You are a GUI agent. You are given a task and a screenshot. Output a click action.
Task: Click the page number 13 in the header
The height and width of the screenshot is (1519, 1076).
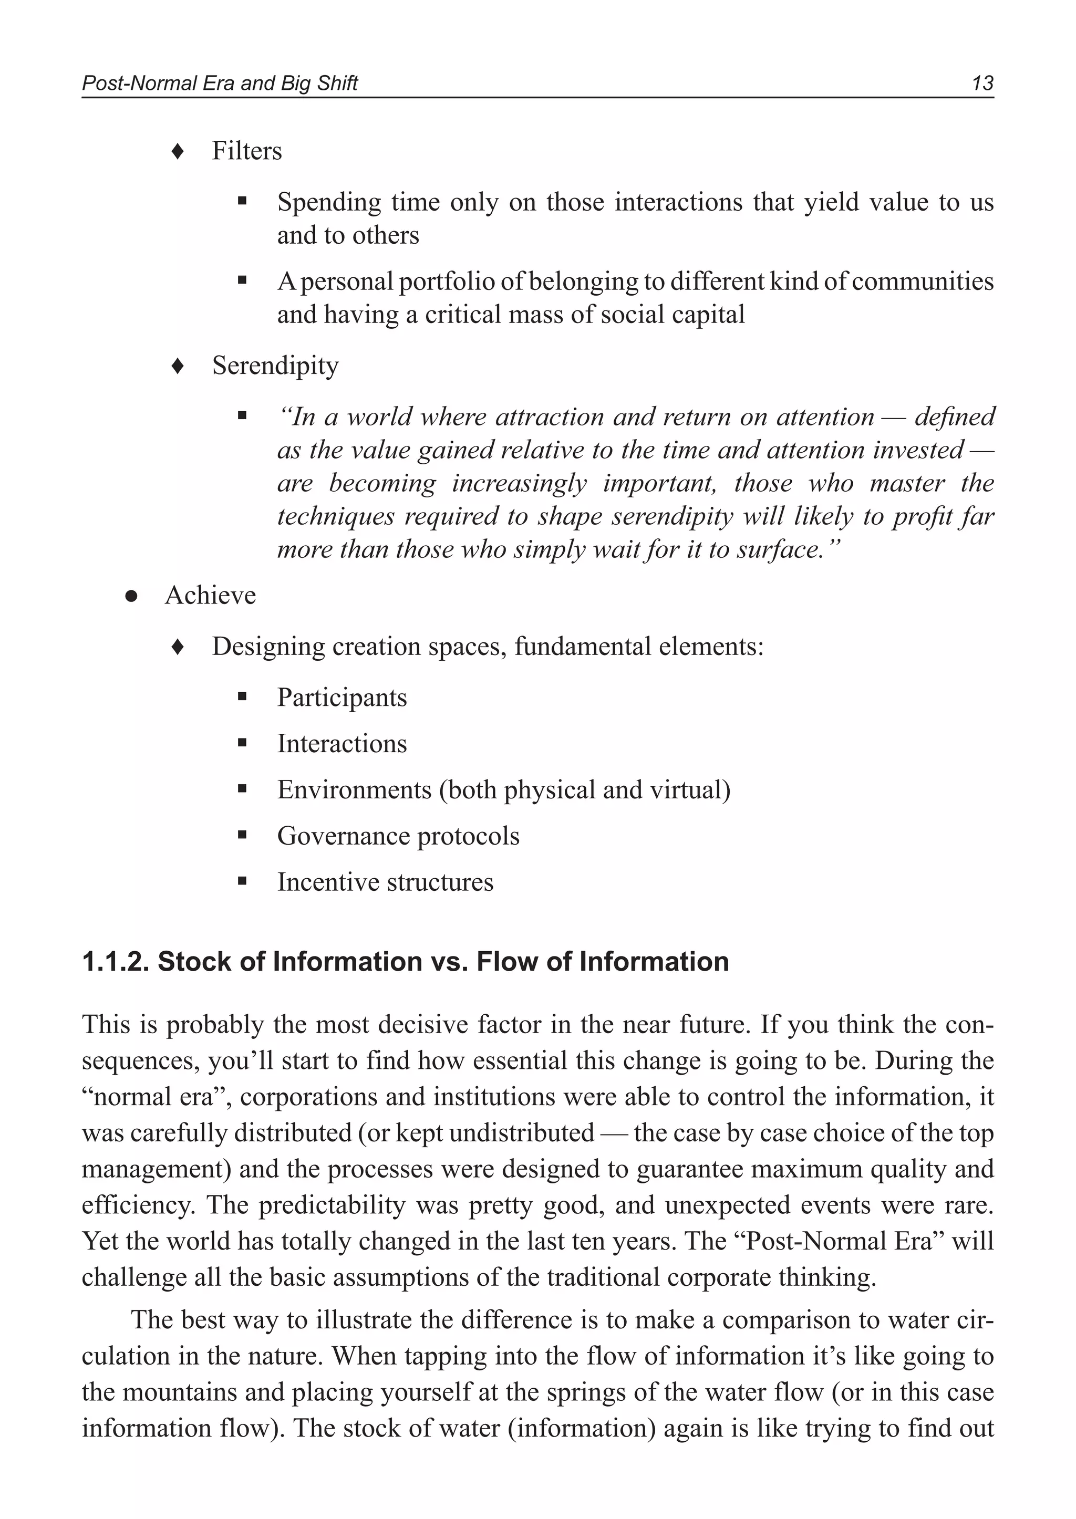tap(982, 84)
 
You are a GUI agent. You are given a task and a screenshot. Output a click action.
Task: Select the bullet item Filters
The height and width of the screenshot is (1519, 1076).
tap(246, 151)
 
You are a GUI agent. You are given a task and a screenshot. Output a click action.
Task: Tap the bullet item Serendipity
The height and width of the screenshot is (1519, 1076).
tap(275, 366)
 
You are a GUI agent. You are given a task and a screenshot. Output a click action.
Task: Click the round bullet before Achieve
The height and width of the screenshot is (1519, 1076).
tap(131, 596)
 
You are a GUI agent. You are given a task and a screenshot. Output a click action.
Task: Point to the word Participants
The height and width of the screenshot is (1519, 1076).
tap(342, 698)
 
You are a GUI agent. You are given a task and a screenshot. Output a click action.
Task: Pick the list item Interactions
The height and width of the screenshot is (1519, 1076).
tap(342, 744)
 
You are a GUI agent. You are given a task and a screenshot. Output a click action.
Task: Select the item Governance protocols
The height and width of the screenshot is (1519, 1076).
tap(398, 836)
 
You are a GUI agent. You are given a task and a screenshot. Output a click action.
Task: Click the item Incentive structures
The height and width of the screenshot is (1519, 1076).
tap(385, 882)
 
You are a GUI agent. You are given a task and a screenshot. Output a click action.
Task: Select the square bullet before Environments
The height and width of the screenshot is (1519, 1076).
tap(242, 789)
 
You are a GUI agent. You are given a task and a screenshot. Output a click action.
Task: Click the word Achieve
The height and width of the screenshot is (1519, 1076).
tap(210, 596)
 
